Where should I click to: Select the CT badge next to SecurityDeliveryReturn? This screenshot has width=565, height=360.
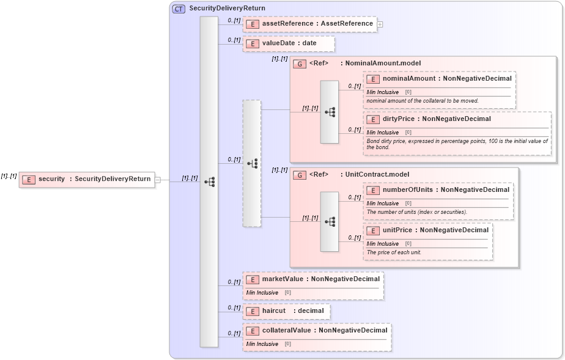click(x=179, y=9)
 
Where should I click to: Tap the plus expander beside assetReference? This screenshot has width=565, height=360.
click(x=380, y=24)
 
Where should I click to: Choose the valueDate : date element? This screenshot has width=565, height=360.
click(x=289, y=44)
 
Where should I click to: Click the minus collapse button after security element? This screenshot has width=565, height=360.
click(x=158, y=180)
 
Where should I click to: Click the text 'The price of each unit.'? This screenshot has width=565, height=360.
click(x=394, y=252)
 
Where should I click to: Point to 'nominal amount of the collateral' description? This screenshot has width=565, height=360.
click(x=422, y=101)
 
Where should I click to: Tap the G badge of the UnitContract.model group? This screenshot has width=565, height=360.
click(x=300, y=175)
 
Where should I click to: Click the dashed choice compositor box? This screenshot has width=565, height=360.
click(x=252, y=163)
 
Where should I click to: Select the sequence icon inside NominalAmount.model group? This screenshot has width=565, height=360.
click(x=330, y=112)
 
